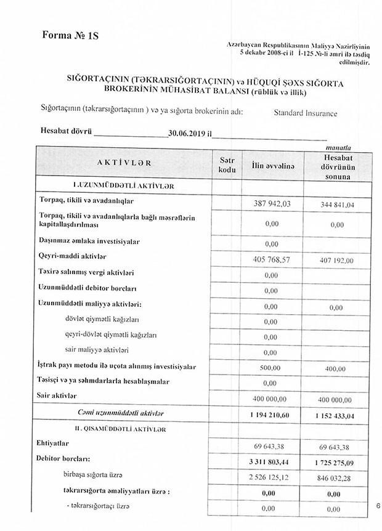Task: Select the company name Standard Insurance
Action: [306, 113]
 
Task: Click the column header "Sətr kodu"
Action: [228, 164]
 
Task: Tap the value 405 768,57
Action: [272, 260]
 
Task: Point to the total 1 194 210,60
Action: [271, 415]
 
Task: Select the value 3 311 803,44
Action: [271, 461]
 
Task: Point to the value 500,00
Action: [271, 367]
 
